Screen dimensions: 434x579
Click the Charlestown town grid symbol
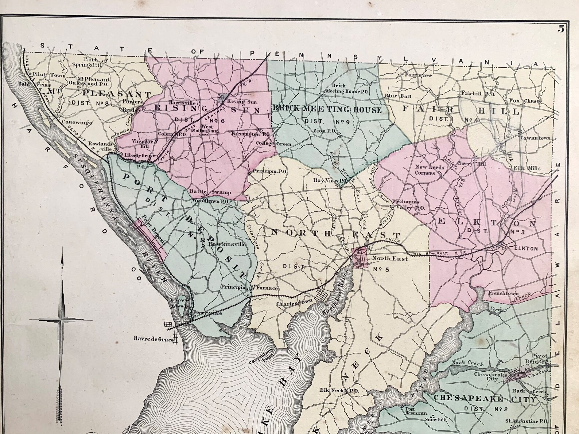[x=322, y=293]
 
